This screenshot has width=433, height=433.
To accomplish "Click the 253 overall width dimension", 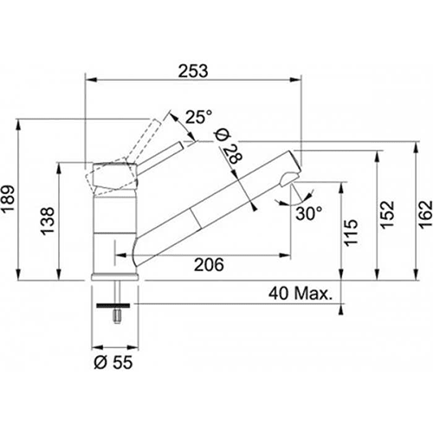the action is (x=193, y=71).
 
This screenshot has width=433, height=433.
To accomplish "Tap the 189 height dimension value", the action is (x=8, y=199).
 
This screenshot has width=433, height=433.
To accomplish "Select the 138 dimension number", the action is (x=48, y=221).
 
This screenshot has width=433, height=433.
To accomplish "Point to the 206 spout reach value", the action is (x=209, y=265).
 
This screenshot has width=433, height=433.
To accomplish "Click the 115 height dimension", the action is (x=351, y=233).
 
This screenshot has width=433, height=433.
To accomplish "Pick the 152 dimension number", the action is (x=387, y=215).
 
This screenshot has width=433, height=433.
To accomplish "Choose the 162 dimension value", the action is (x=426, y=215).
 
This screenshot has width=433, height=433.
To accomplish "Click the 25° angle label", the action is (x=198, y=117).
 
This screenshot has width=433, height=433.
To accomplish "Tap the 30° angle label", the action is (x=309, y=214).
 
